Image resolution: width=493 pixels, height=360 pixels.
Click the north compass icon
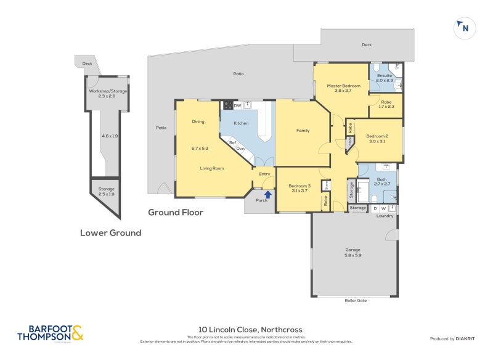[463, 27]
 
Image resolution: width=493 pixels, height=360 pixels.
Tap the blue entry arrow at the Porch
[267, 194]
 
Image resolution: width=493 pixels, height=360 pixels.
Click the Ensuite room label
[385, 76]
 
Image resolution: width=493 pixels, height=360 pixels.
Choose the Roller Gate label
[356, 301]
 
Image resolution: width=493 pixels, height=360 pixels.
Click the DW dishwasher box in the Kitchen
[237, 105]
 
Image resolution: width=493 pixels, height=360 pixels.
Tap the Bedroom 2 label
[377, 136]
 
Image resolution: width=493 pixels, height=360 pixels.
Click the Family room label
[303, 130]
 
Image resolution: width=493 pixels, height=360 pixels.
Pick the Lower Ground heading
[110, 232]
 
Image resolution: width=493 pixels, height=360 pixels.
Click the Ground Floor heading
[176, 212]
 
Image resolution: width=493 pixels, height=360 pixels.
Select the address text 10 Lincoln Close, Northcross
[250, 330]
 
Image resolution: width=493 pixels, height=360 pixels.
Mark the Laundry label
[385, 216]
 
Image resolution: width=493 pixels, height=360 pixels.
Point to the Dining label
[198, 121]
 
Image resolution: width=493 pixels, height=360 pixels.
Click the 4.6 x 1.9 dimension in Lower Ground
[110, 136]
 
